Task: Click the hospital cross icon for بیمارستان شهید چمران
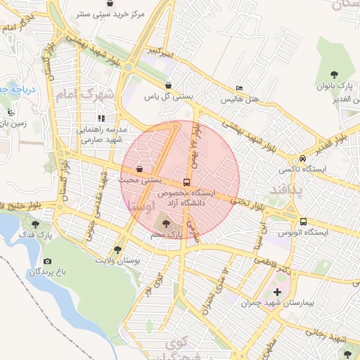(277, 292)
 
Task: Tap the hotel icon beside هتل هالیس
(240, 89)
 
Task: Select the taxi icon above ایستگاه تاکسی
(302, 158)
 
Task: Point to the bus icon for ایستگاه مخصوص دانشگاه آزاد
(186, 181)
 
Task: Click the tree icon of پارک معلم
(166, 223)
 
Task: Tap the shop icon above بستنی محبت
(140, 169)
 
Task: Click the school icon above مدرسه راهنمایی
(102, 118)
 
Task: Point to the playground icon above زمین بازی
(10, 112)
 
